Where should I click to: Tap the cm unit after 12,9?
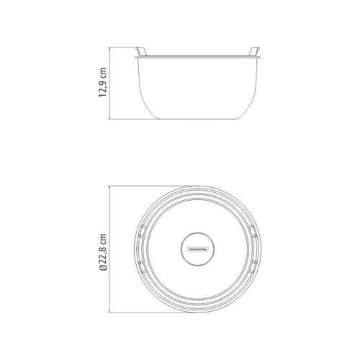pyautogui.click(x=103, y=72)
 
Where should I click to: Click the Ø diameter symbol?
pyautogui.click(x=103, y=268)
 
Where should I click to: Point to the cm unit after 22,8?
pyautogui.click(x=103, y=238)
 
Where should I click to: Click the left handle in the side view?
pyautogui.click(x=141, y=51)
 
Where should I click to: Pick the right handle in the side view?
pyautogui.click(x=254, y=51)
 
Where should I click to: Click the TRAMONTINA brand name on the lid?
pyautogui.click(x=198, y=249)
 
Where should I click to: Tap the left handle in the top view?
pyautogui.click(x=140, y=249)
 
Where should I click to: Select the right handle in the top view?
pyautogui.click(x=253, y=249)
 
